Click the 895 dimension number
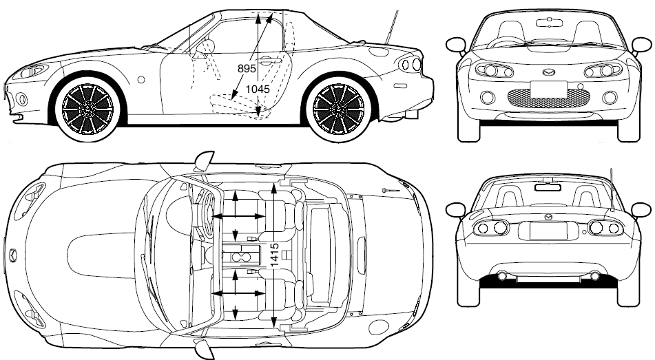pos(247,69)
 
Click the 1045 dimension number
pos(258,89)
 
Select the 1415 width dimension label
pos(273,255)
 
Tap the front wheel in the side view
pos(87,108)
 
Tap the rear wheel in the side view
pos(338,108)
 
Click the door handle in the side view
pos(269,61)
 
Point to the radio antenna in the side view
pos(391,26)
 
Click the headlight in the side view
pos(30,72)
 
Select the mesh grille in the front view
pos(548,98)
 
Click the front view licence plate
pos(548,89)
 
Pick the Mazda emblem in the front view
pos(548,72)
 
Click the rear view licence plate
pos(548,231)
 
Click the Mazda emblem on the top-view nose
pos(13,255)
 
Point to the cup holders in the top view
pos(241,256)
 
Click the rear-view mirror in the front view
pos(549,23)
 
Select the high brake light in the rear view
pos(548,187)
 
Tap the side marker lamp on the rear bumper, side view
pos(400,85)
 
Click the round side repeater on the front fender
pos(141,79)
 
